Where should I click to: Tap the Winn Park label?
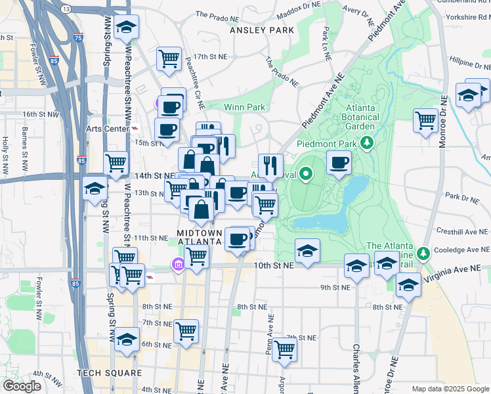click(x=244, y=107)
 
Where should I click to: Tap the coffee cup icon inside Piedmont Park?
click(x=339, y=162)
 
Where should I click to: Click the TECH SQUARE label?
click(x=109, y=373)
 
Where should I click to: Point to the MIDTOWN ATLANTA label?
click(x=199, y=237)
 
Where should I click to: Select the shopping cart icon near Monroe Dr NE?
click(x=425, y=120)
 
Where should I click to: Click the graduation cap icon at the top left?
click(x=126, y=27)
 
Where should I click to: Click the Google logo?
click(x=22, y=386)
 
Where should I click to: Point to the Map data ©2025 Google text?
click(x=450, y=389)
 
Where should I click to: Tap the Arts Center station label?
click(x=110, y=129)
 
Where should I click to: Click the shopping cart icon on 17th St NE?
click(x=169, y=59)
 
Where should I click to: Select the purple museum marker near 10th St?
click(x=177, y=265)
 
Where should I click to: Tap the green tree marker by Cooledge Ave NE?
click(x=423, y=252)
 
